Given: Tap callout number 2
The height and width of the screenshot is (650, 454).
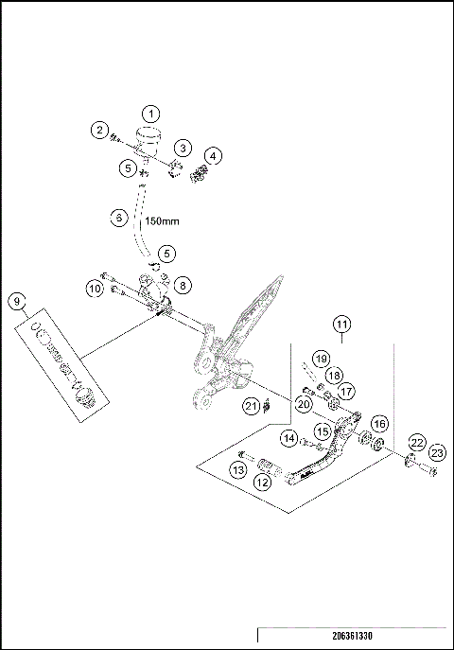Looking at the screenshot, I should pos(99,131).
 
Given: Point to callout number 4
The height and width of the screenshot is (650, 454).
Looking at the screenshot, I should pos(215,155).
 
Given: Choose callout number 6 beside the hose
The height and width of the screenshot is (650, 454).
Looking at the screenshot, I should pos(118,218).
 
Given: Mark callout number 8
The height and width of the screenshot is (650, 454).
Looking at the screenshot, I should pos(183,283).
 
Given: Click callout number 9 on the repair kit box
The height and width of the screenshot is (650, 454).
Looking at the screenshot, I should pos(16,302).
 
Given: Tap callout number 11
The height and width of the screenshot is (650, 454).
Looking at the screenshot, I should pos(341,325).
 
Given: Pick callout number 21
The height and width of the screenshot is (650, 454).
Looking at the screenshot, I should pos(251,406).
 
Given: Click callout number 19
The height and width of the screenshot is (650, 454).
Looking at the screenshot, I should pos(321,359).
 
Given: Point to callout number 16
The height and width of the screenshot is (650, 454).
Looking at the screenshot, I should pos(378,423).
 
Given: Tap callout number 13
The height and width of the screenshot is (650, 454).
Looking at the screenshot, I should pos(237,468).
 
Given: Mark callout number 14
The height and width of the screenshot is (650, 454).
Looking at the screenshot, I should pos(289,438).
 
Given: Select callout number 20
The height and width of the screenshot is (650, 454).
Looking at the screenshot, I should pos(303,404).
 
